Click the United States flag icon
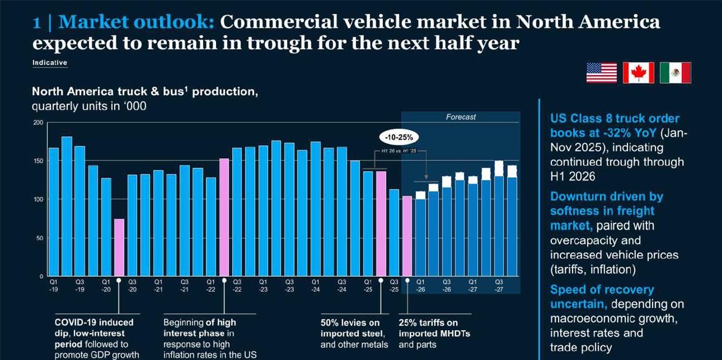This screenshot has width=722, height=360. (601, 73)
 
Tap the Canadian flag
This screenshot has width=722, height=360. (638, 73)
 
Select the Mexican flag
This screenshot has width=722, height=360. (675, 73)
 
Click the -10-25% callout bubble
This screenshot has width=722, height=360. (399, 138)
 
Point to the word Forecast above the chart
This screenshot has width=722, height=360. (461, 117)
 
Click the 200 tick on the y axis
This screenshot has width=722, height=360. (38, 122)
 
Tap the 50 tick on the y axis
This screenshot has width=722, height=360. (40, 238)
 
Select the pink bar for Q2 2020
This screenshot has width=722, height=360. (119, 247)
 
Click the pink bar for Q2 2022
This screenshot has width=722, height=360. (224, 217)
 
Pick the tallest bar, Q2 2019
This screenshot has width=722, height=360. (66, 206)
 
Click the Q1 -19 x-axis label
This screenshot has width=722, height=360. (53, 285)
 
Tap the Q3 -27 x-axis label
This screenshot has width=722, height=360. (499, 285)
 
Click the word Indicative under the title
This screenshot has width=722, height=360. (50, 62)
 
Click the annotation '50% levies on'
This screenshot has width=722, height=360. (350, 323)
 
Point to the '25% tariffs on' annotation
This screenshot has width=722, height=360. (428, 323)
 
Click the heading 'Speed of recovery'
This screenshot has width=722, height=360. (602, 289)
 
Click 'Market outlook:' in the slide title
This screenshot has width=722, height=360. (136, 22)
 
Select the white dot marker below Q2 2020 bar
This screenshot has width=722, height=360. (119, 280)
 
